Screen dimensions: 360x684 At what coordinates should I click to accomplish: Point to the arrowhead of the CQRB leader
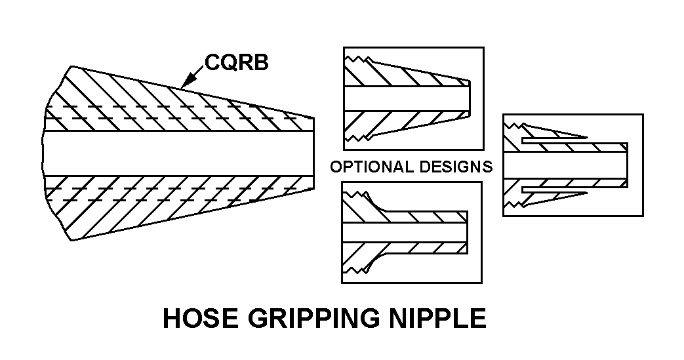(x=183, y=85)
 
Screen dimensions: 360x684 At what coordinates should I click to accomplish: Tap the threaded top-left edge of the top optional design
(x=357, y=60)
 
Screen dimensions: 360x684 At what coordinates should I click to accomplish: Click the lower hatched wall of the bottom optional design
(x=420, y=249)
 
